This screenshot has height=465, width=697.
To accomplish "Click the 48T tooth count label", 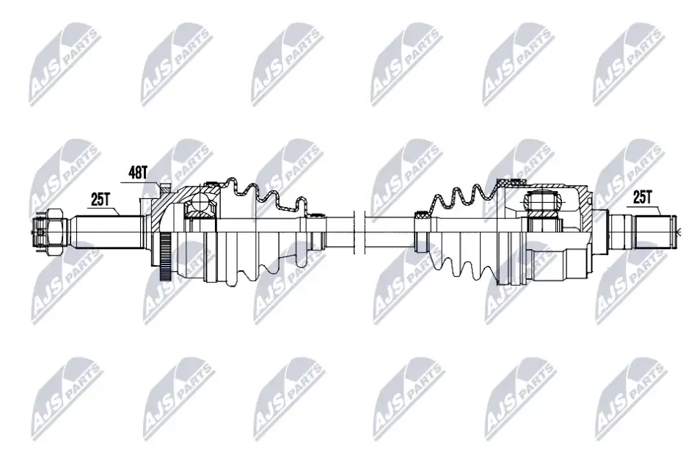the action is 137,172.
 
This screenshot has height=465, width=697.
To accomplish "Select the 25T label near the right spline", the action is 642,197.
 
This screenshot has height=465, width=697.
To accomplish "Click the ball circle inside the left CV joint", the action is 199,203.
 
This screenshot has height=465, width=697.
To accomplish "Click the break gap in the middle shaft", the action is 359,231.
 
